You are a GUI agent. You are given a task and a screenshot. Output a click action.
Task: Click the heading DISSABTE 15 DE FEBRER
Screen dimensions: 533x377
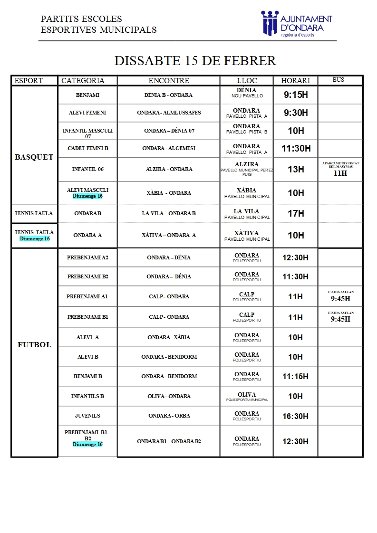pyautogui.click(x=195, y=61)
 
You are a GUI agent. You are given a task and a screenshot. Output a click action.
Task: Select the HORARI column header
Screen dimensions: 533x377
pyautogui.click(x=295, y=81)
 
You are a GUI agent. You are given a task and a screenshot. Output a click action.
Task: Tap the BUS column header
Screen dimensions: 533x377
pyautogui.click(x=338, y=80)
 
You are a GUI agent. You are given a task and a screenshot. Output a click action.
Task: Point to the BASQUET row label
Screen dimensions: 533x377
pyautogui.click(x=34, y=157)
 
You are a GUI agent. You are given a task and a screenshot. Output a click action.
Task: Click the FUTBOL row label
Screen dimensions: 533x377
pyautogui.click(x=34, y=345)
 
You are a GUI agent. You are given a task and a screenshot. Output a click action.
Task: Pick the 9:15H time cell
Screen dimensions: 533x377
pyautogui.click(x=296, y=95)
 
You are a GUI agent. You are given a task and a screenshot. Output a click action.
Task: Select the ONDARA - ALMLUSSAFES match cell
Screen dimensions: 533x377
pyautogui.click(x=169, y=113)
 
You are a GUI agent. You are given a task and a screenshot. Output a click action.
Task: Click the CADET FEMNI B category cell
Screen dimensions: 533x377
pyautogui.click(x=88, y=149)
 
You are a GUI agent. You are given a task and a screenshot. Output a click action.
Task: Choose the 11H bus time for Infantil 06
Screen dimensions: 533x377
pyautogui.click(x=340, y=173)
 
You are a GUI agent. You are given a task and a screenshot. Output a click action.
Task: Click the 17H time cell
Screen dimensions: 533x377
pyautogui.click(x=296, y=214)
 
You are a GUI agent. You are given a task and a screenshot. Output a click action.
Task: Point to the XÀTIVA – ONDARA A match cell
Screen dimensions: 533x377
pyautogui.click(x=169, y=235)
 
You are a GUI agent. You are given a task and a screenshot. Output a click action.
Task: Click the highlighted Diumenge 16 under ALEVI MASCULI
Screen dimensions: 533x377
pyautogui.click(x=87, y=196)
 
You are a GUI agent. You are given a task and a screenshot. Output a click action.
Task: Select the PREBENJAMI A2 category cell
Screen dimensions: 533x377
pyautogui.click(x=88, y=257)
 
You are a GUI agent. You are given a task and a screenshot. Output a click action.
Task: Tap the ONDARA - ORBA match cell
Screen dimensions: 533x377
pyautogui.click(x=169, y=416)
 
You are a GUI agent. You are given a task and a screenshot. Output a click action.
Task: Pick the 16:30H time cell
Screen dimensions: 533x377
pyautogui.click(x=296, y=416)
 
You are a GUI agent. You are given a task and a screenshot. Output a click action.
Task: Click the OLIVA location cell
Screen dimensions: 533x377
pyautogui.click(x=247, y=396)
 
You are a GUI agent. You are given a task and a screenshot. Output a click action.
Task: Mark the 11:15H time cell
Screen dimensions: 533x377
pyautogui.click(x=296, y=377)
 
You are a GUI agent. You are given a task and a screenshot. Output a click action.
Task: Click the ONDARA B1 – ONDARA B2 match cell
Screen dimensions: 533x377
pyautogui.click(x=169, y=441)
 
